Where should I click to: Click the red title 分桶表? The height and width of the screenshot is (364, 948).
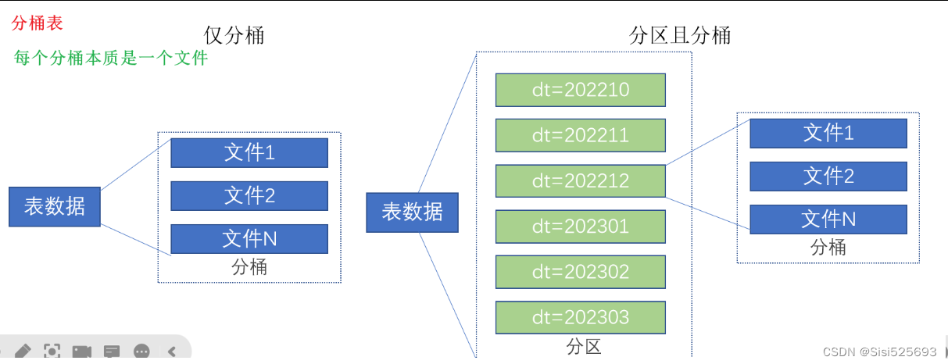37,23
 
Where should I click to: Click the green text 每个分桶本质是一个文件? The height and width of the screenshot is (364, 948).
111,58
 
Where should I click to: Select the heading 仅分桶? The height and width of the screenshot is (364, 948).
234,35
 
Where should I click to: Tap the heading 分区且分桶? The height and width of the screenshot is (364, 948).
680,35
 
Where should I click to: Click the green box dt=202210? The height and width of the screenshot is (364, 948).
580,90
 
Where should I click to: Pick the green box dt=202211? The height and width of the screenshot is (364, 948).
580,135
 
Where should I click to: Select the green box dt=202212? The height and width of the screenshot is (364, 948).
580,180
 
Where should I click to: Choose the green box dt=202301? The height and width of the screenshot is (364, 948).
580,227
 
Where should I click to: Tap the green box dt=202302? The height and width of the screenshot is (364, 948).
580,272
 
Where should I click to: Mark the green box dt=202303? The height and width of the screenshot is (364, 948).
580,318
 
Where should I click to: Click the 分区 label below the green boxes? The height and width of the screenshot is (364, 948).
583,347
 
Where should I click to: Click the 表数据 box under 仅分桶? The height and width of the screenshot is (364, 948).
55,207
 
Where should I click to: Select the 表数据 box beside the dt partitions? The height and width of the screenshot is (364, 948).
412,212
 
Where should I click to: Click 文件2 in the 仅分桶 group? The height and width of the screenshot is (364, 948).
249,195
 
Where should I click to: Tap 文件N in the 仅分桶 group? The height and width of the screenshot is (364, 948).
249,239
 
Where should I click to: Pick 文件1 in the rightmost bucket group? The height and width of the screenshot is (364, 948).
828,134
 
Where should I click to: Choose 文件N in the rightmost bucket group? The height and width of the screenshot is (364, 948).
828,219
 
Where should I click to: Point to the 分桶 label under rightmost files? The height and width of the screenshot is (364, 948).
828,248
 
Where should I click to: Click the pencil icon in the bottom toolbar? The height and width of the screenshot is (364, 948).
23,352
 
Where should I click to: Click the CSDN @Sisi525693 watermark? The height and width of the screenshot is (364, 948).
879,352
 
